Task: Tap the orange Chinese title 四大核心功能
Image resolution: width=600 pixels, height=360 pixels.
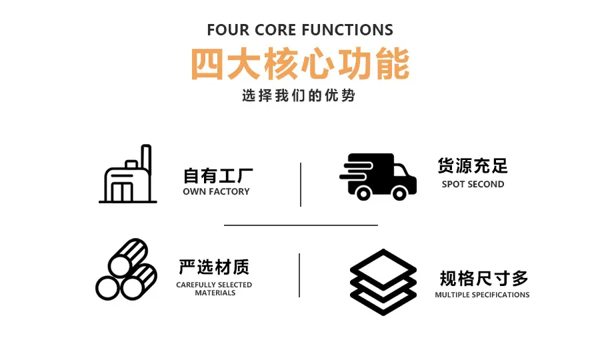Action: tap(301, 64)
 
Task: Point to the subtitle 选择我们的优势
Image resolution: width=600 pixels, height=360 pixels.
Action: tap(299, 95)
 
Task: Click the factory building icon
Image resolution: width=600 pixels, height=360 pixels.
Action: tap(128, 174)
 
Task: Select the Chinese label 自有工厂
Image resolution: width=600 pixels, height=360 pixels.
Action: tap(218, 176)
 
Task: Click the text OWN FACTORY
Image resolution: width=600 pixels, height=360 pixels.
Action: tap(216, 191)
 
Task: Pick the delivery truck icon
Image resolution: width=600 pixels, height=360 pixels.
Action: tap(378, 177)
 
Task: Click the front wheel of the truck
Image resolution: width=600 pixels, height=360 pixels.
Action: tap(399, 193)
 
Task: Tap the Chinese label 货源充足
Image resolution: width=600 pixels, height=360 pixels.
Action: tap(473, 166)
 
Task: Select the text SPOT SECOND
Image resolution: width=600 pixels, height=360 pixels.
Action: tap(473, 184)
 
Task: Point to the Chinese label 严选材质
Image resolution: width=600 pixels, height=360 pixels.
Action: tap(214, 267)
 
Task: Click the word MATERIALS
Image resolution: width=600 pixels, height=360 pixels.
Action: tap(215, 293)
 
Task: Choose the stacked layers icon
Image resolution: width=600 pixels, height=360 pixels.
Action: tap(383, 283)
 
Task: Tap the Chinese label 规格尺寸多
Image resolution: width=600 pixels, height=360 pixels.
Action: tap(484, 278)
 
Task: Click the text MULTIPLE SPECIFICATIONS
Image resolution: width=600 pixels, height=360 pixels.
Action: tap(482, 295)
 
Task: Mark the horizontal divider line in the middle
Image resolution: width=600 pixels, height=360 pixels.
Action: tap(301, 225)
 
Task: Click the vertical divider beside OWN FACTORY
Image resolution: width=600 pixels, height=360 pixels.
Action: tap(301, 185)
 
